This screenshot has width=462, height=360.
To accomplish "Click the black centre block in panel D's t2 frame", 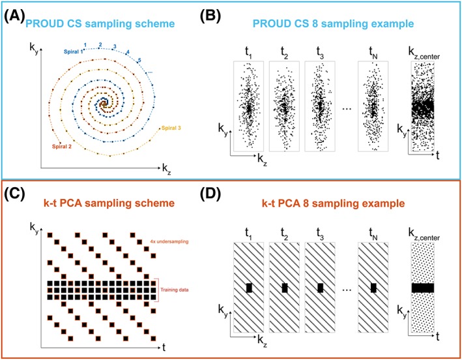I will [x=283, y=288].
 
